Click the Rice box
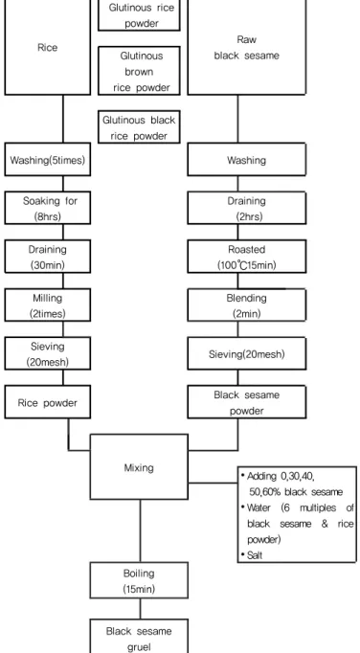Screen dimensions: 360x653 pyautogui.click(x=48, y=47)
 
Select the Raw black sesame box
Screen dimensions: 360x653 pyautogui.click(x=247, y=47)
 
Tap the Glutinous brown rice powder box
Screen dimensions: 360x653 pyautogui.click(x=139, y=71)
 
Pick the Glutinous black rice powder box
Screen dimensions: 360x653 pyautogui.click(x=139, y=127)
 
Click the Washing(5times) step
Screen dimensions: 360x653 pyautogui.click(x=48, y=160)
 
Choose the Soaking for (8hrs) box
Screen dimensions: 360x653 pyautogui.click(x=48, y=208)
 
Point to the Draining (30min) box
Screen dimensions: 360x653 pyautogui.click(x=48, y=257)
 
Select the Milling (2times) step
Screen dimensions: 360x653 pyautogui.click(x=48, y=305)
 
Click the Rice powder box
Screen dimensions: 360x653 pyautogui.click(x=48, y=402)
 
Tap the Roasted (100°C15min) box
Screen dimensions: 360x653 pyautogui.click(x=247, y=257)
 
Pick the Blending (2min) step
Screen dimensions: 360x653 pyautogui.click(x=247, y=305)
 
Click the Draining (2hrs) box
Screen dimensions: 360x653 pyautogui.click(x=247, y=208)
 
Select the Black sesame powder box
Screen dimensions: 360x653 pyautogui.click(x=247, y=402)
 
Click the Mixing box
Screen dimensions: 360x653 pyautogui.click(x=139, y=467)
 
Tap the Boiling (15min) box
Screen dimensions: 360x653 pyautogui.click(x=139, y=580)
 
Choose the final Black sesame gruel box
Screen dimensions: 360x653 pyautogui.click(x=139, y=636)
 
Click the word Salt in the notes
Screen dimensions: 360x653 pyautogui.click(x=255, y=555)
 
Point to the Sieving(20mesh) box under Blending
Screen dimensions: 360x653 pyautogui.click(x=247, y=354)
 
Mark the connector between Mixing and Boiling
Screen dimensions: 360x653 pyautogui.click(x=140, y=531)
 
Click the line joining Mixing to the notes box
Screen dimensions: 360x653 pyautogui.click(x=213, y=484)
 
